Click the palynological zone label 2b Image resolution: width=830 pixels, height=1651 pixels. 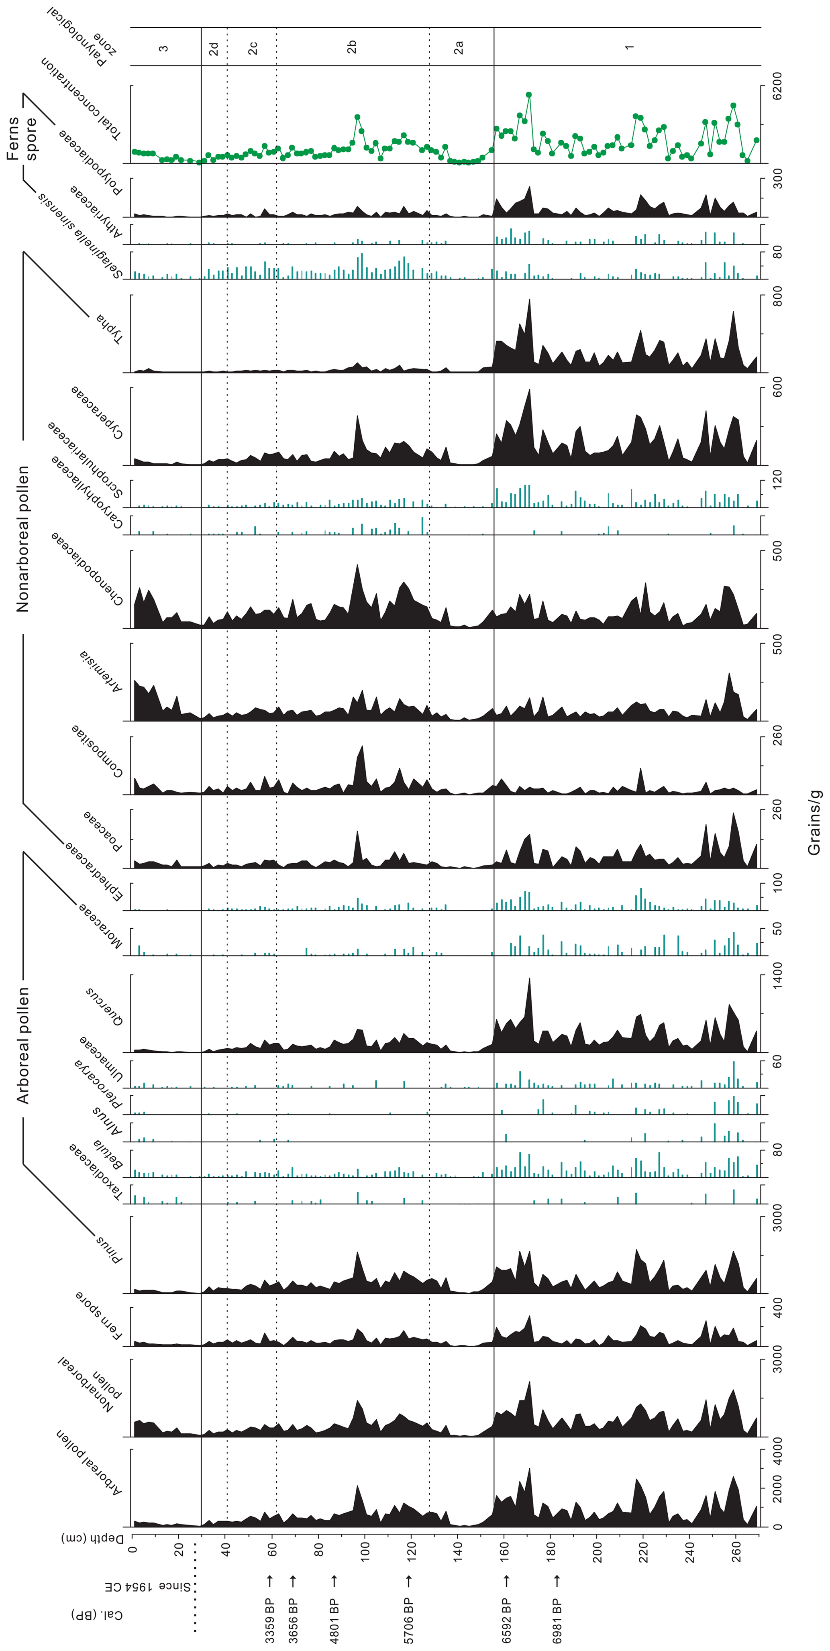(x=351, y=47)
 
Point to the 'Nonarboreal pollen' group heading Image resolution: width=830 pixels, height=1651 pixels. (x=22, y=539)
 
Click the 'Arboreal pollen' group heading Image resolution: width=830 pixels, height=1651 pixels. (x=22, y=1045)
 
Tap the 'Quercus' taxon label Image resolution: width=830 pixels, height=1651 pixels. (x=104, y=1006)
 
